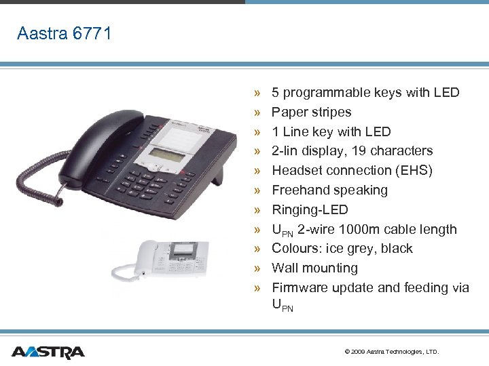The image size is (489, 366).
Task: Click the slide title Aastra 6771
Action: pos(64,33)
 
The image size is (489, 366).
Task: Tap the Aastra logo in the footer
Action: pos(48,352)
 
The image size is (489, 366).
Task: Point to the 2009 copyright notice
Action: pos(392,352)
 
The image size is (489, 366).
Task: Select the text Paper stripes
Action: pos(311,112)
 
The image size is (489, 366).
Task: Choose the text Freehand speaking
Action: pos(329,190)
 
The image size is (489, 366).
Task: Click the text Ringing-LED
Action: pos(310,209)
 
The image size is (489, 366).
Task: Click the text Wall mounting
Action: pos(314,268)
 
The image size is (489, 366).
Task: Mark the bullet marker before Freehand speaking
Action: pos(257,190)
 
